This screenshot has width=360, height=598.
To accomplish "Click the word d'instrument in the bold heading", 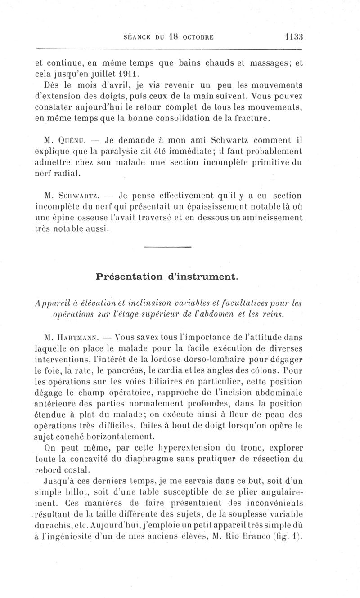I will click(x=203, y=277).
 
